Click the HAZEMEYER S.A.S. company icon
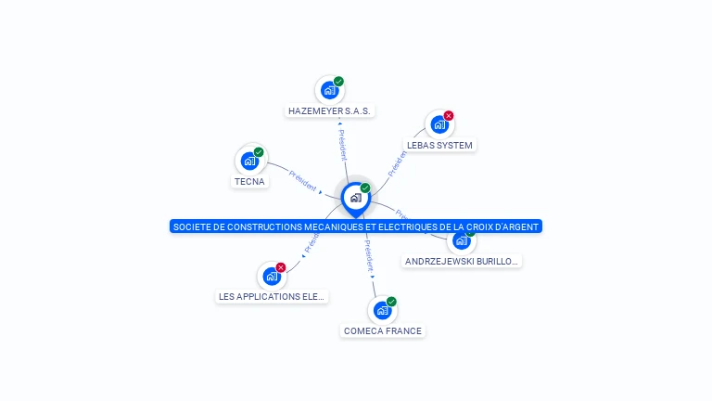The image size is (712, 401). [329, 90]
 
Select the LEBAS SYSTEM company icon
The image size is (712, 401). [439, 124]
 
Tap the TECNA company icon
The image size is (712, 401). [250, 161]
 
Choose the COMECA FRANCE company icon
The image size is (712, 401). [382, 310]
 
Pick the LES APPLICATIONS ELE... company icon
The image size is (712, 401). [271, 276]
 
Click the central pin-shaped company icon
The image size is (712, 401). [355, 198]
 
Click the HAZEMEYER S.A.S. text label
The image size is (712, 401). [329, 111]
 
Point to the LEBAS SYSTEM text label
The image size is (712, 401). [439, 146]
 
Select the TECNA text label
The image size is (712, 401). [250, 182]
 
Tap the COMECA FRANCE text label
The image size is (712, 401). [382, 331]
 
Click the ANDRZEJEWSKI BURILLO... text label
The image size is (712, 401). [462, 262]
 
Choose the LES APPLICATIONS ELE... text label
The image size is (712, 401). [271, 297]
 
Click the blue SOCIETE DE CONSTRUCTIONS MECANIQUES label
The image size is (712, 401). [355, 226]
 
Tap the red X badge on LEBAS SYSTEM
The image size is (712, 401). [449, 116]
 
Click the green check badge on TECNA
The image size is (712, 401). [259, 152]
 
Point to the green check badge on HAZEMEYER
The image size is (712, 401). [338, 82]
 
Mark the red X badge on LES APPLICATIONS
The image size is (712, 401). [280, 267]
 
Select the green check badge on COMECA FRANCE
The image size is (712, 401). [391, 302]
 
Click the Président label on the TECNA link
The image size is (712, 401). [303, 179]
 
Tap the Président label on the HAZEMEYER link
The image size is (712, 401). [342, 145]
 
